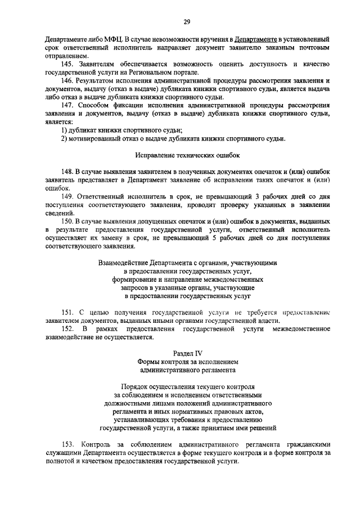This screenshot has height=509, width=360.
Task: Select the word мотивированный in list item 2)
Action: [97, 139]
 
